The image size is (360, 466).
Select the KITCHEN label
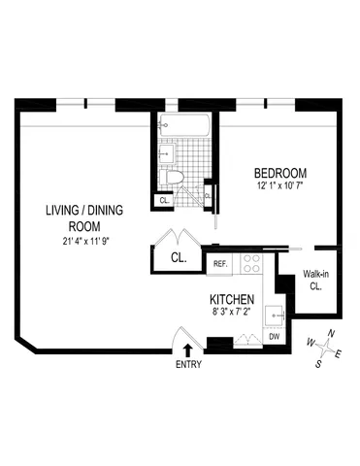click(x=233, y=299)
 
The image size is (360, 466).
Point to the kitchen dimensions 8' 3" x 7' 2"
click(x=233, y=314)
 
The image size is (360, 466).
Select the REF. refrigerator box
click(x=220, y=263)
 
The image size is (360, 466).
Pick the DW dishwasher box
click(x=275, y=336)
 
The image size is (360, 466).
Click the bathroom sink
click(x=165, y=152)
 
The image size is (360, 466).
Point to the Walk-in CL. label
click(x=315, y=280)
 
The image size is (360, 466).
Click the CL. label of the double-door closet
click(x=179, y=259)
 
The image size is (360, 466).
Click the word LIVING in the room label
click(x=61, y=211)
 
